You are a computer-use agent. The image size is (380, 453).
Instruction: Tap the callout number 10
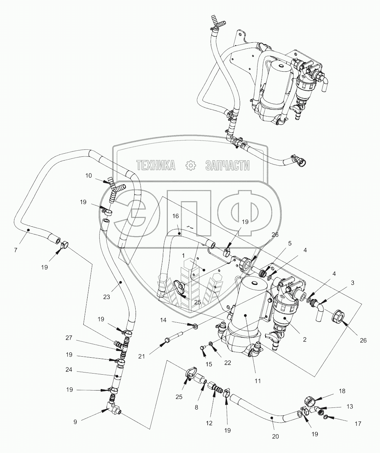(x=89, y=175)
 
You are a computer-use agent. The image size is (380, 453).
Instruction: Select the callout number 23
(x=106, y=297)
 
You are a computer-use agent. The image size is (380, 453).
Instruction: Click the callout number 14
(x=164, y=320)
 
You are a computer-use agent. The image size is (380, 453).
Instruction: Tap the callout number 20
(x=275, y=436)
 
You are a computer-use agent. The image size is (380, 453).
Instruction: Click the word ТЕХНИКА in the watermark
(x=156, y=165)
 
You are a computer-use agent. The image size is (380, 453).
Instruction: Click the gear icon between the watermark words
(x=190, y=165)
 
